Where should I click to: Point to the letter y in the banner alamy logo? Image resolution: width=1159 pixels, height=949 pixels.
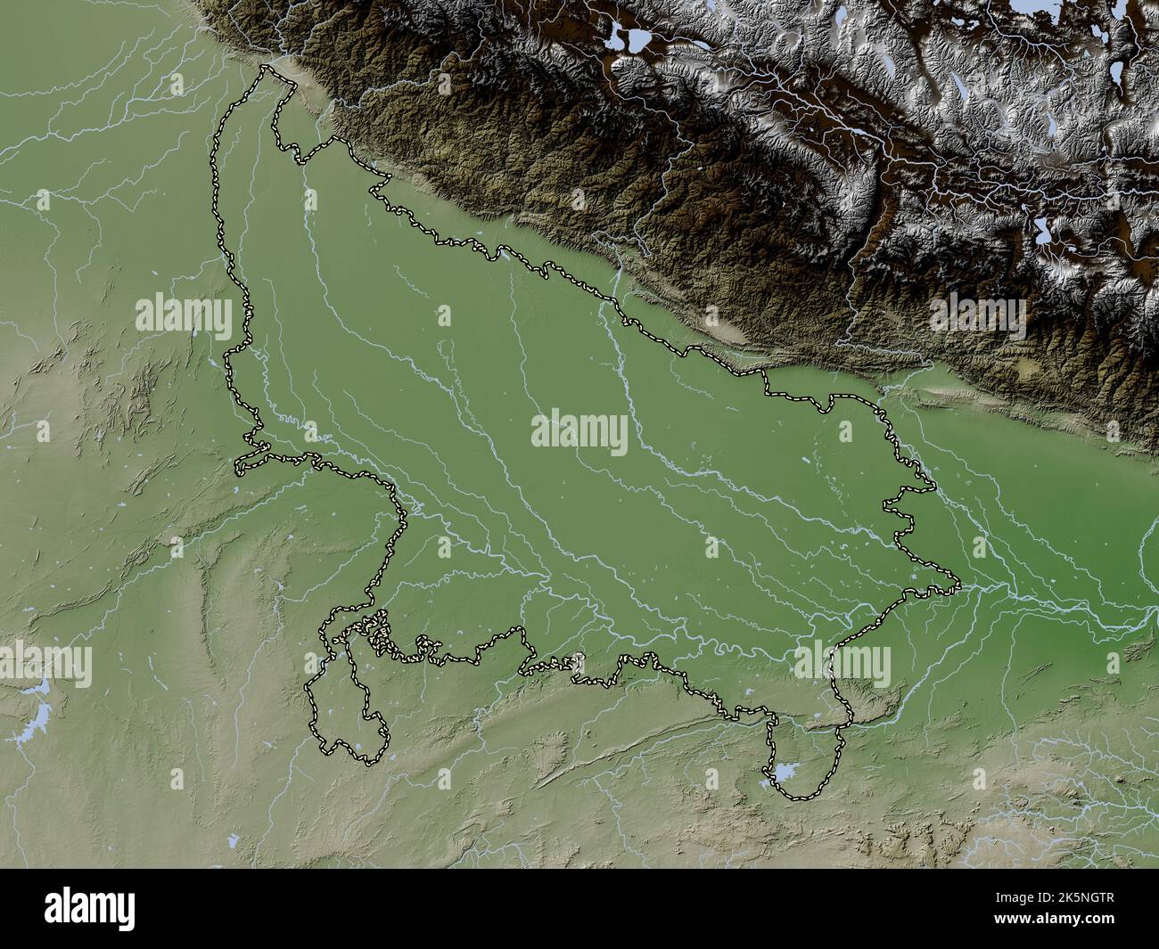126,913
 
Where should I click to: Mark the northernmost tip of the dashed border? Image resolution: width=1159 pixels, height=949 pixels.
265,67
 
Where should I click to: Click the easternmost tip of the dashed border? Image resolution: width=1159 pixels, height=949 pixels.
959,585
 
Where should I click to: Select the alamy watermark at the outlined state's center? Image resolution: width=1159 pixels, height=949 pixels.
579,431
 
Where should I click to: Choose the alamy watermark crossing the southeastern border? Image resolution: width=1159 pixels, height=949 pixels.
842,664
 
